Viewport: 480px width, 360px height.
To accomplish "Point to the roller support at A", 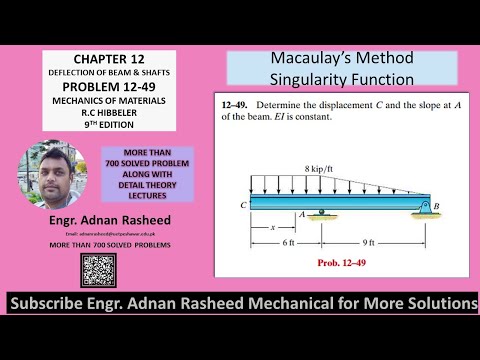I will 321,213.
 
